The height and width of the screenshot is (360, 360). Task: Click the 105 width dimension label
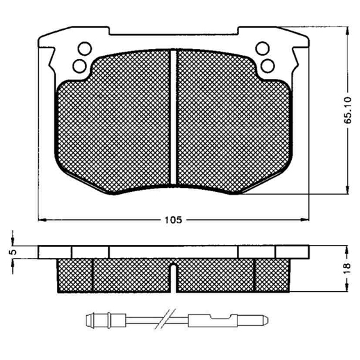[173, 220]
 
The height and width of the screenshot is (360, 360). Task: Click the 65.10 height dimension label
[348, 110]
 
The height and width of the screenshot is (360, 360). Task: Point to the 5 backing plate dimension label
[14, 252]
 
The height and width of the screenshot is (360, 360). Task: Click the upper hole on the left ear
[84, 48]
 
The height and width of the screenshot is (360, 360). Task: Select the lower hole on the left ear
[80, 66]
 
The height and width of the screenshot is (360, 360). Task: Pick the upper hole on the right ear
[262, 48]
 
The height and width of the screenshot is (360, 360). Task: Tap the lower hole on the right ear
[267, 66]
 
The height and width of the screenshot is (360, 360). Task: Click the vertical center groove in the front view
[174, 117]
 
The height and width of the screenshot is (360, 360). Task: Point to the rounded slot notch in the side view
[174, 278]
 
